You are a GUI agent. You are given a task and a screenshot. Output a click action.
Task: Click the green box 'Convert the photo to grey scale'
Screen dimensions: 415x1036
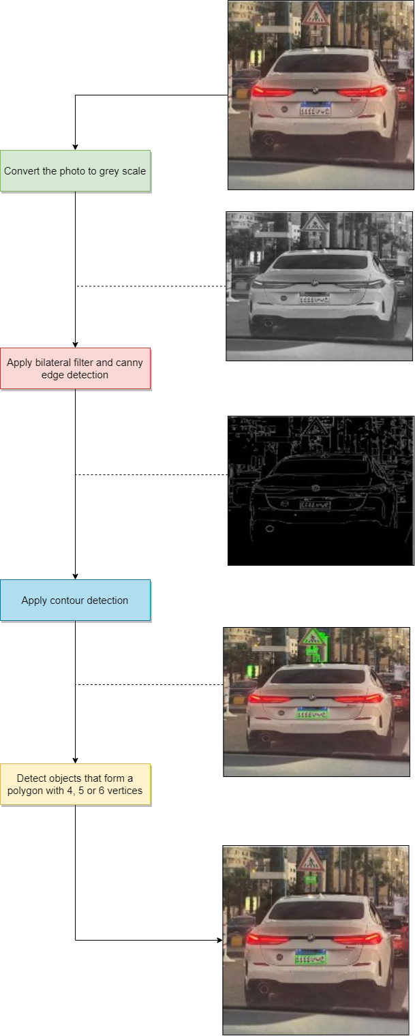tap(75, 171)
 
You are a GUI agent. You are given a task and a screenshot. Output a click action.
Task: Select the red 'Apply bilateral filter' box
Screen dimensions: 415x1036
tap(75, 369)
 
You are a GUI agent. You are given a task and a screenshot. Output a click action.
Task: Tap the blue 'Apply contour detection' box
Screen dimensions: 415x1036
tap(75, 600)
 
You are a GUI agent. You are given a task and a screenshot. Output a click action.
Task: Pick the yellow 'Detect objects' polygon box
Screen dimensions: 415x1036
tap(75, 784)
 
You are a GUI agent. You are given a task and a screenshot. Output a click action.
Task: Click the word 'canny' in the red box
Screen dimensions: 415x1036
tap(129, 363)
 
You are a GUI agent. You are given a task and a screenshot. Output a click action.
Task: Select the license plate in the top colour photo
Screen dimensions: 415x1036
tap(315, 108)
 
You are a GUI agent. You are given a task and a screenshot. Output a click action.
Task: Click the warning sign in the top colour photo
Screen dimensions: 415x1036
tap(316, 15)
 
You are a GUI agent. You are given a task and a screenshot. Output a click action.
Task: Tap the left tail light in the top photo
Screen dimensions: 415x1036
tap(271, 91)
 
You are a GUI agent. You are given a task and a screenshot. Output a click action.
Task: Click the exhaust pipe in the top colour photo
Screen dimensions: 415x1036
tap(269, 141)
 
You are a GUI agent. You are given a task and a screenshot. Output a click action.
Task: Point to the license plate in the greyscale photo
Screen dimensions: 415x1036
tap(314, 298)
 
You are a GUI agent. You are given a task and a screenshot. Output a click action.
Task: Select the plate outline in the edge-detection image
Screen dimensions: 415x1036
tap(315, 504)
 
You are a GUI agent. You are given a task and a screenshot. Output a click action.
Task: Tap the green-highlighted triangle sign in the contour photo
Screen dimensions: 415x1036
tap(313, 638)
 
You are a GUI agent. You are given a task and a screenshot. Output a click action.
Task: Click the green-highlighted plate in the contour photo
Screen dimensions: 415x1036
tap(312, 713)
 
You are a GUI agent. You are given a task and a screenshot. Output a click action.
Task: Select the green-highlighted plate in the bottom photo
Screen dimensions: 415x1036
tap(311, 957)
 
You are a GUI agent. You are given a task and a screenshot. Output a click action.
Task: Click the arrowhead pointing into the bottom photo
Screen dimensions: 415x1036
tap(219, 941)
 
